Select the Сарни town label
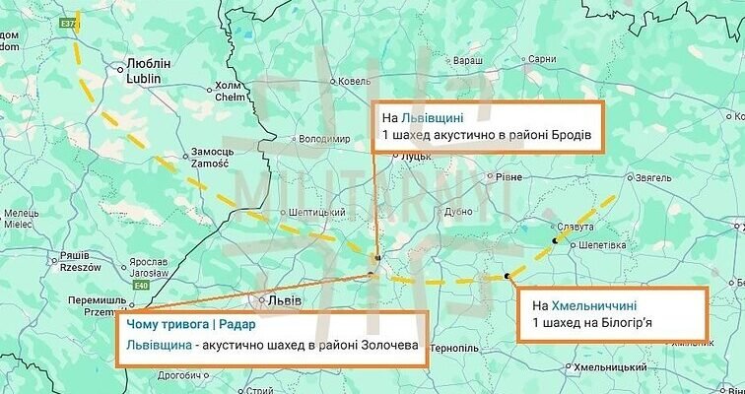pos(543,59)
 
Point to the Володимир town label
pos(324,139)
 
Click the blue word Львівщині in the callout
pos(432,117)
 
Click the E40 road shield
pos(142,287)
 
